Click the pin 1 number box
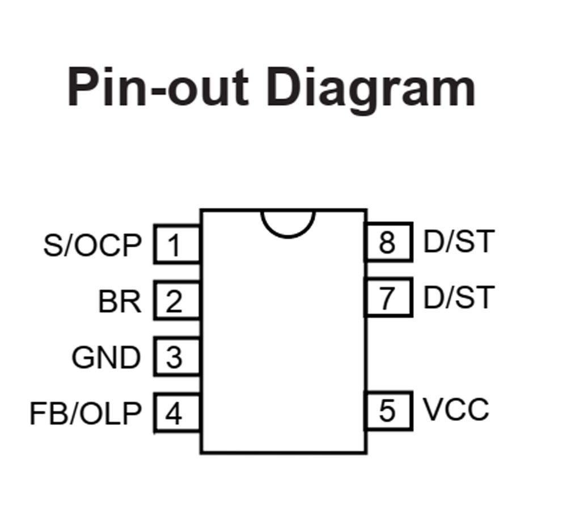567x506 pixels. [x=176, y=244]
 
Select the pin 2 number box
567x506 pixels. [x=176, y=300]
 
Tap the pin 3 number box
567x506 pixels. [x=176, y=357]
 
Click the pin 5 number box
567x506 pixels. [x=388, y=410]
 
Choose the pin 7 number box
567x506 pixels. [x=388, y=297]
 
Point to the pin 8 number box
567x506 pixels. [x=388, y=242]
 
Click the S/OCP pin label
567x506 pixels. [x=92, y=246]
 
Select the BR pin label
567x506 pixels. [x=120, y=301]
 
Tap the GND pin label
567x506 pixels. [x=106, y=358]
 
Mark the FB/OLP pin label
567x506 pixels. [x=85, y=414]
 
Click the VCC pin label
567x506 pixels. [x=456, y=410]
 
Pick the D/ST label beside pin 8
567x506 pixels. [x=459, y=242]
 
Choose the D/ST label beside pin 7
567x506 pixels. [x=459, y=297]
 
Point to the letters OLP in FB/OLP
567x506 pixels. [x=110, y=414]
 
